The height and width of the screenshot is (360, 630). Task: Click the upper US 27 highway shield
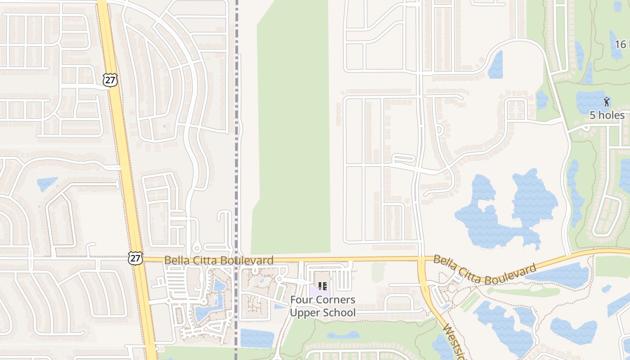pos(110,80)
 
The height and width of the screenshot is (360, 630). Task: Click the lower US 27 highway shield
pos(135,258)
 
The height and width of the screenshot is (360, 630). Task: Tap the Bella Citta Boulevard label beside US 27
pos(219,260)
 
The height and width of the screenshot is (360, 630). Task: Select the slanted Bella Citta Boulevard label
pos(485,270)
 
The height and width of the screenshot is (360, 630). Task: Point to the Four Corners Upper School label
pos(322,306)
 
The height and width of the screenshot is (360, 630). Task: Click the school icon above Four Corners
pos(322,286)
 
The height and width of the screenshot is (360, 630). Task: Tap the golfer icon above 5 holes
pos(607,101)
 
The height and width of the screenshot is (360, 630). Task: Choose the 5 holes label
pos(607,115)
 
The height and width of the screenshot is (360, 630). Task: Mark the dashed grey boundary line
pos(236,135)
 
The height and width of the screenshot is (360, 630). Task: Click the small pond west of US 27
pos(47,184)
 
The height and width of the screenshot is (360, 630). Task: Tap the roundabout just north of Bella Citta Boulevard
pos(196,247)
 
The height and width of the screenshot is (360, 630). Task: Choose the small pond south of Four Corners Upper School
pos(343,335)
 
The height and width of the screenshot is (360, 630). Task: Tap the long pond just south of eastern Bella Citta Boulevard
pos(562,275)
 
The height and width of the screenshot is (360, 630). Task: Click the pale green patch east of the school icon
pos(378,272)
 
